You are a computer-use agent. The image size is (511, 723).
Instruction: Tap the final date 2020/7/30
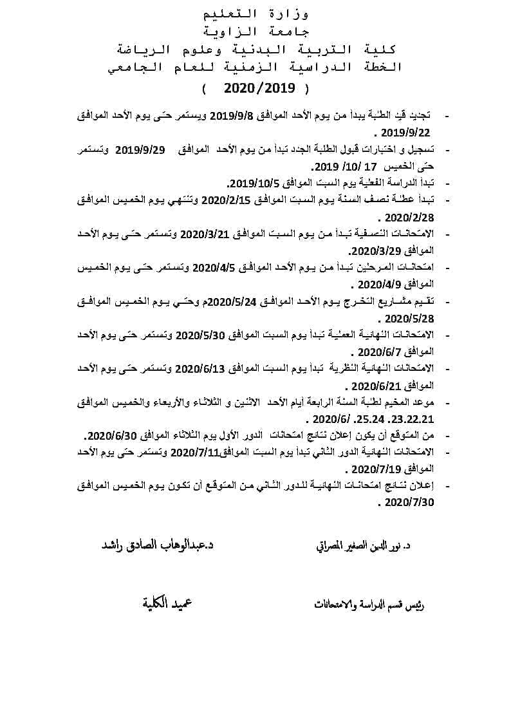click(x=410, y=502)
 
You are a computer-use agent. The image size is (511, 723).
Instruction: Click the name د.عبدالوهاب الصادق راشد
click(x=157, y=545)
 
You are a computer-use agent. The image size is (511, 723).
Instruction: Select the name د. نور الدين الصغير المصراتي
click(x=364, y=547)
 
